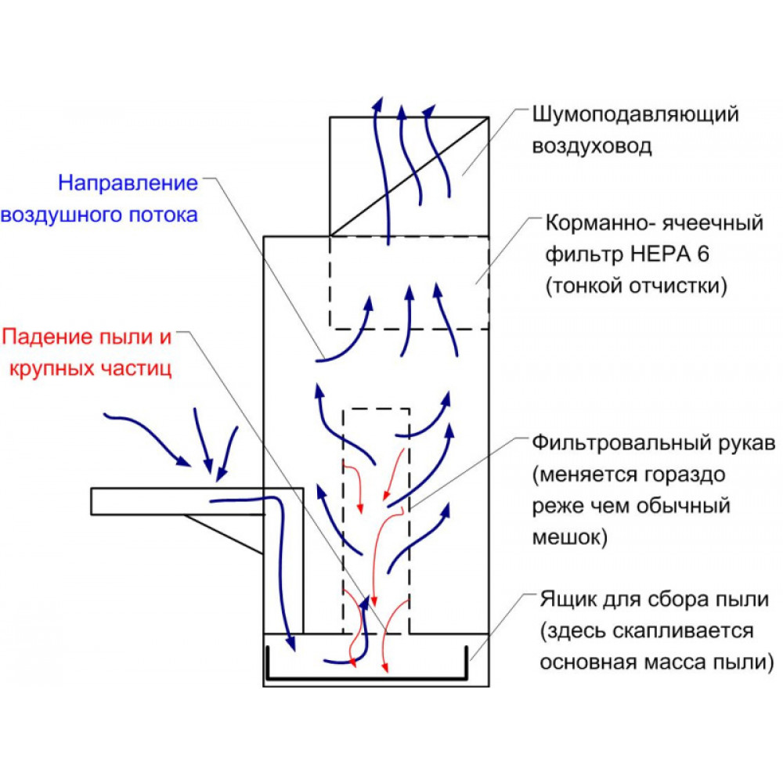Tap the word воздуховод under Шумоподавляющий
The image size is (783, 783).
[x=592, y=147]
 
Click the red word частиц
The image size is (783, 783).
[x=136, y=370]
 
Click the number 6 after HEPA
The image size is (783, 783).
[x=703, y=254]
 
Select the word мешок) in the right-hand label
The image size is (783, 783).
[x=570, y=537]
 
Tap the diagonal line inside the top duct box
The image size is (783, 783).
[x=409, y=177]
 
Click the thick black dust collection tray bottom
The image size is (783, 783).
[x=367, y=679]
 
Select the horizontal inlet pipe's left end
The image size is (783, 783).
[x=92, y=501]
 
